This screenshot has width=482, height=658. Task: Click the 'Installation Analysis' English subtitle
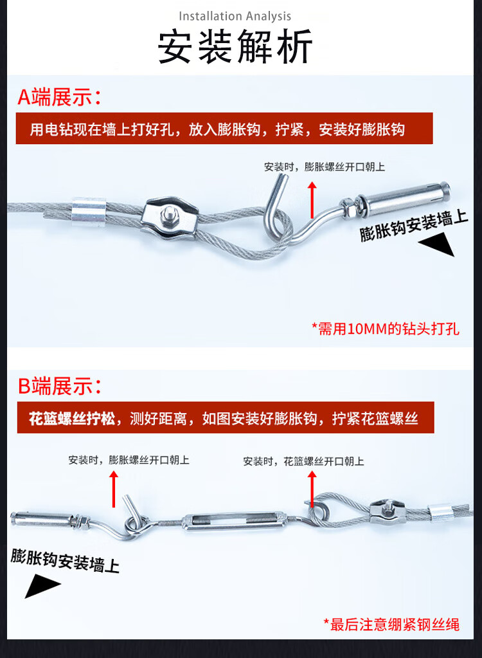click(235, 16)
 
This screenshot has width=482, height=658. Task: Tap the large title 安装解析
click(235, 46)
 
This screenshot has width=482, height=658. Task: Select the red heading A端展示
click(59, 97)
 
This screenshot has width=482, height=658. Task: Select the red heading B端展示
click(59, 386)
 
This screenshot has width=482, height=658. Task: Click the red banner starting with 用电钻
click(224, 129)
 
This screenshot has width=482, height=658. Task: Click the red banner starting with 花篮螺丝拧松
click(226, 417)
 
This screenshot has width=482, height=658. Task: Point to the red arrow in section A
click(312, 200)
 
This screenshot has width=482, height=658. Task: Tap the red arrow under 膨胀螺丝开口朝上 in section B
click(114, 489)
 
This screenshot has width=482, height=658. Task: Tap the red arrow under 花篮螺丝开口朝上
click(312, 489)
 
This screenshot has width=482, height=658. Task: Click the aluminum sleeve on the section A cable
click(89, 210)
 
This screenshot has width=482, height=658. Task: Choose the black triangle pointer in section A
click(438, 245)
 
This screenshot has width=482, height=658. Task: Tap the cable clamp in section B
click(385, 511)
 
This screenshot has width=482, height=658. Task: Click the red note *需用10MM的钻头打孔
click(386, 329)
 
